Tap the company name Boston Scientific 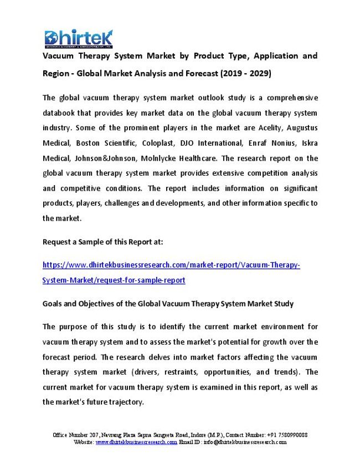pos(104,143)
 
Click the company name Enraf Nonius pos(262,143)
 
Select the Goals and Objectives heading pos(168,304)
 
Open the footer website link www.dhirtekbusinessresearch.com pos(136,442)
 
